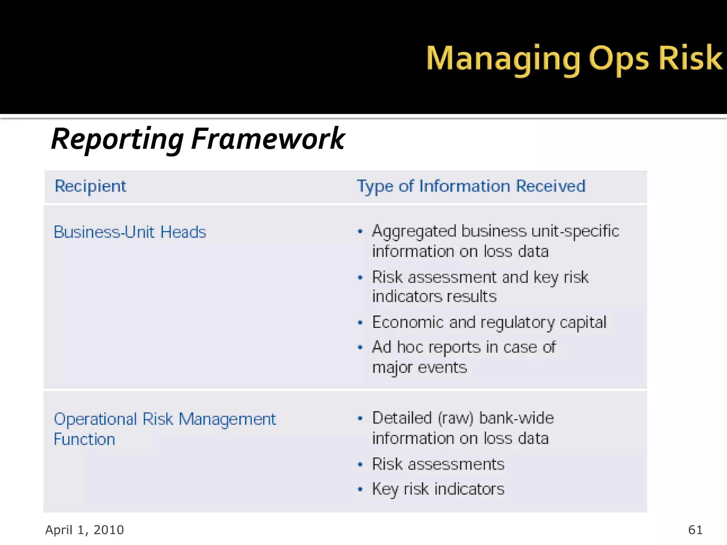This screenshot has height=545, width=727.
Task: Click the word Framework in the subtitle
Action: click(x=268, y=139)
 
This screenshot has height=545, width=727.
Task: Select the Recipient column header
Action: click(x=91, y=186)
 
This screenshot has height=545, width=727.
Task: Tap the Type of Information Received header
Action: click(x=471, y=186)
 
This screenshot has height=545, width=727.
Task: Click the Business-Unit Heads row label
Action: click(x=130, y=232)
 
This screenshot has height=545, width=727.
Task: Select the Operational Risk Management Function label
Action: click(x=164, y=429)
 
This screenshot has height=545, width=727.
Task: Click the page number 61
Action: click(x=695, y=530)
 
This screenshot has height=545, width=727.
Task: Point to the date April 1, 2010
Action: click(x=84, y=530)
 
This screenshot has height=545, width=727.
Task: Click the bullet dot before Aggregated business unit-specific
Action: click(x=360, y=232)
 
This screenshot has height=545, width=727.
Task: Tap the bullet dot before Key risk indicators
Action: click(x=360, y=490)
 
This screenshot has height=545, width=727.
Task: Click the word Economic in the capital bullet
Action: click(x=408, y=323)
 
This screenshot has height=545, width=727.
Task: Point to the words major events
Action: click(x=419, y=368)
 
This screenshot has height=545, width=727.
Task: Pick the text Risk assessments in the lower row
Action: click(x=438, y=464)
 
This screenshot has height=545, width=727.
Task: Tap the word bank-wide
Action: click(x=516, y=418)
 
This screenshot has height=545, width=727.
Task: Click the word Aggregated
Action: click(x=414, y=232)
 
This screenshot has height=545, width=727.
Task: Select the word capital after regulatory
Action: click(x=583, y=323)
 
